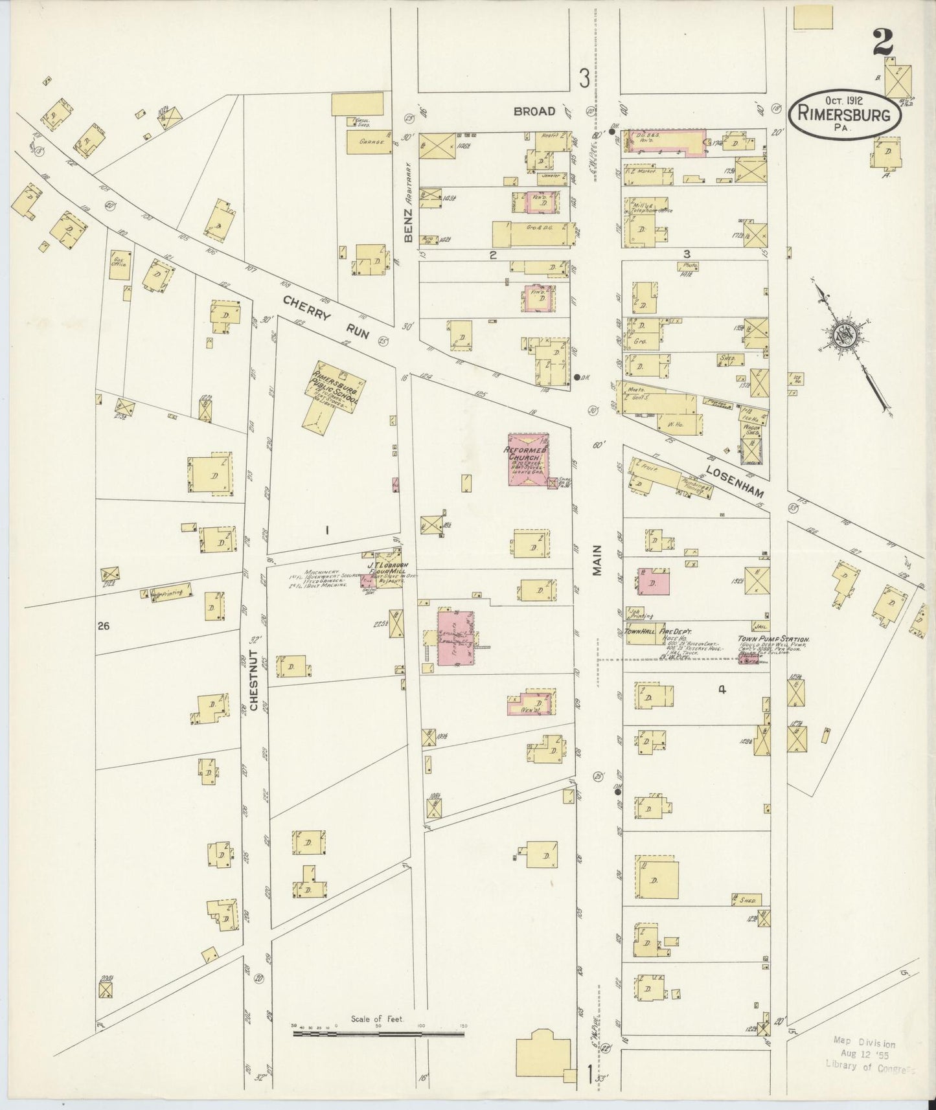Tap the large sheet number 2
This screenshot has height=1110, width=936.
click(x=882, y=45)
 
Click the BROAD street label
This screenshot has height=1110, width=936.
click(x=534, y=111)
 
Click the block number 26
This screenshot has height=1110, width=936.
click(x=103, y=626)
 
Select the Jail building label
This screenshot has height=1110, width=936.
click(x=760, y=626)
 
